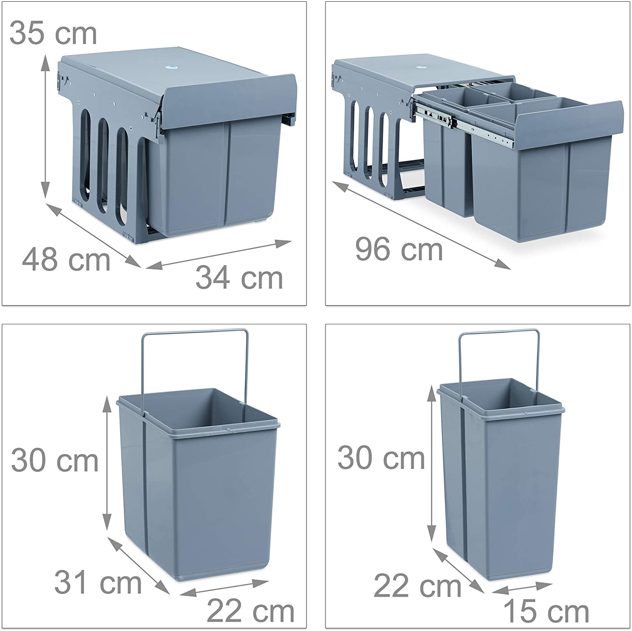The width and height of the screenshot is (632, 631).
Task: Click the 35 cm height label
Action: click(x=53, y=33)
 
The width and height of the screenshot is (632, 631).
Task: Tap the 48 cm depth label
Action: click(x=66, y=260)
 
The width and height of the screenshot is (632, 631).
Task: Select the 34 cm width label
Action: click(x=239, y=277)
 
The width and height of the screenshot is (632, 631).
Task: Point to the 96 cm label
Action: click(x=399, y=249)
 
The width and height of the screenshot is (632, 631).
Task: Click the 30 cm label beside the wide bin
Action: click(x=55, y=461)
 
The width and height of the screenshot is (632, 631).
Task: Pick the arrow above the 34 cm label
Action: click(x=219, y=254)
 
